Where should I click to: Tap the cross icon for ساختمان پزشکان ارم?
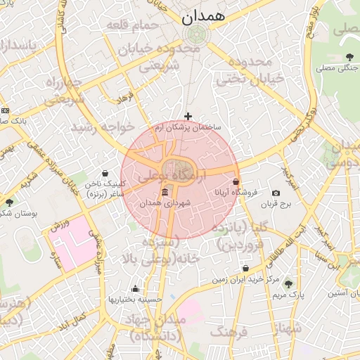tap(188, 116)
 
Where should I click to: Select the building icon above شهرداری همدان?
tap(165, 193)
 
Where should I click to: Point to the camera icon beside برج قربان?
tap(276, 193)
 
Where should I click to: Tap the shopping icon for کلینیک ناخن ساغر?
tap(105, 173)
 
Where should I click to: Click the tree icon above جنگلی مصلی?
tap(350, 57)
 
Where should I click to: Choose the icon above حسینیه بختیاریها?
tap(135, 288)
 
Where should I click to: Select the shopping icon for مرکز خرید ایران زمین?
tap(245, 269)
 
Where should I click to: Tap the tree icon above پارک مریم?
tap(288, 284)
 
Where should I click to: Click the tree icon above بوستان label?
tap(8, 202)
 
